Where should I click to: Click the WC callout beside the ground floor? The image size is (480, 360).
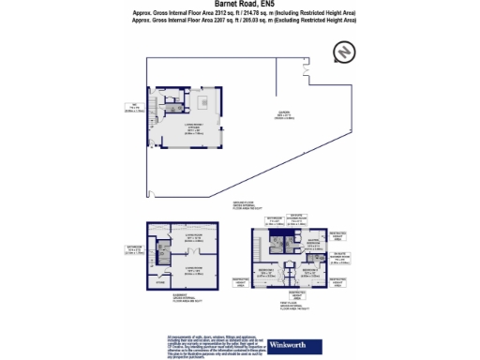tap(135, 106)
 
